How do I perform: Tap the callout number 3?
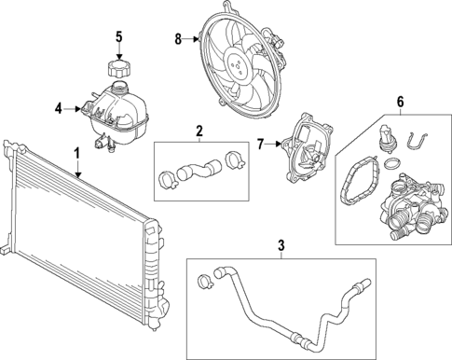pyautogui.click(x=281, y=247)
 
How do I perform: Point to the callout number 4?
pyautogui.click(x=57, y=109)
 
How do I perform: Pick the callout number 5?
pyautogui.click(x=118, y=37)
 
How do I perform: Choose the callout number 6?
pyautogui.click(x=400, y=102)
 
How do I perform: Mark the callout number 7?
pyautogui.click(x=262, y=144)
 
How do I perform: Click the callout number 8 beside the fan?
pyautogui.click(x=178, y=39)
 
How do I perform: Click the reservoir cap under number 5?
pyautogui.click(x=118, y=69)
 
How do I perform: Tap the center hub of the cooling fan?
pyautogui.click(x=240, y=62)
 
